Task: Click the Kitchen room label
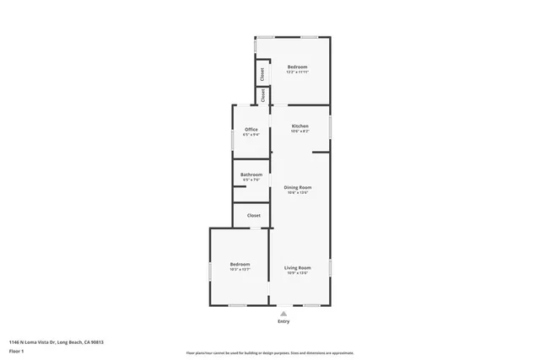300,126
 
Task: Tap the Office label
251,129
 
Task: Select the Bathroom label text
251,175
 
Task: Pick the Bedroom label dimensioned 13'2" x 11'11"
297,67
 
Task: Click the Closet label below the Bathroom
253,216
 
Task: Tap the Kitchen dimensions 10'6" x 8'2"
300,132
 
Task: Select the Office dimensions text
251,134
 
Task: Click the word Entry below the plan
283,321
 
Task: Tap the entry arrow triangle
283,313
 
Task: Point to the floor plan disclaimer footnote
269,353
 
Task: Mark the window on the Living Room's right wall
330,267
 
